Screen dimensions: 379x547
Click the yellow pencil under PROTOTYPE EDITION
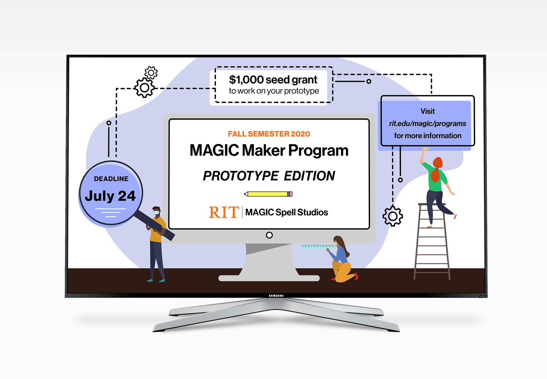click(x=268, y=194)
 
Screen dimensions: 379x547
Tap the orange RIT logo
click(x=224, y=212)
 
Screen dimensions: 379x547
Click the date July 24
click(x=110, y=196)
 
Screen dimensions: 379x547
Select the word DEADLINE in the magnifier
click(x=111, y=179)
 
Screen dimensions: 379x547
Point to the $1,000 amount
click(x=246, y=79)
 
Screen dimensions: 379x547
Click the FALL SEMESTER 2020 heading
click(x=269, y=134)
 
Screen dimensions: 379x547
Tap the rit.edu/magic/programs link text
click(x=428, y=123)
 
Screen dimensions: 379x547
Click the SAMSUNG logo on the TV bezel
click(x=276, y=296)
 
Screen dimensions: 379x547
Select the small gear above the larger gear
click(x=151, y=72)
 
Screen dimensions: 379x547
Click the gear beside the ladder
click(x=393, y=216)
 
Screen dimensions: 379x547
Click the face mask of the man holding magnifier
click(x=156, y=212)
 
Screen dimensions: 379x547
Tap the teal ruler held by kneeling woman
click(x=317, y=246)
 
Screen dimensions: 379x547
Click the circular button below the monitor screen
click(x=269, y=235)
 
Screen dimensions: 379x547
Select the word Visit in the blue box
click(x=428, y=111)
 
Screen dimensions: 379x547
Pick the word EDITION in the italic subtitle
click(x=309, y=176)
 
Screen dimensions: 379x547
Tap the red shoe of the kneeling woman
click(x=356, y=276)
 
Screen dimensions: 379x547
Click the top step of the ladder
click(x=431, y=205)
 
